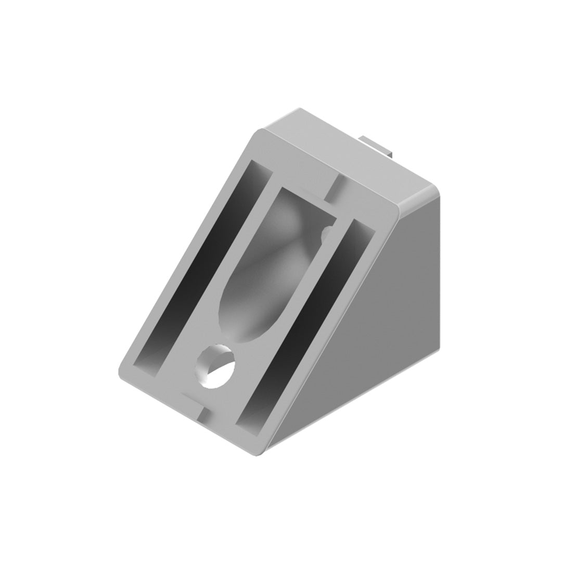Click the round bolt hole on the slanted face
pyautogui.click(x=215, y=366)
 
